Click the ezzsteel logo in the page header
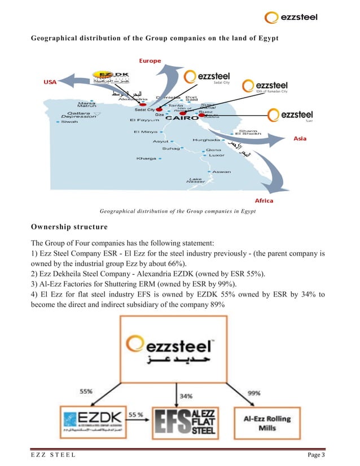click(x=292, y=17)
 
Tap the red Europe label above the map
click(x=150, y=60)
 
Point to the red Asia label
click(x=300, y=139)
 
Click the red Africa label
click(x=264, y=201)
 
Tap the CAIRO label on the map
click(x=181, y=118)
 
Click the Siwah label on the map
click(x=70, y=121)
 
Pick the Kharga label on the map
click(x=147, y=159)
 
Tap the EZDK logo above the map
click(x=112, y=78)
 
